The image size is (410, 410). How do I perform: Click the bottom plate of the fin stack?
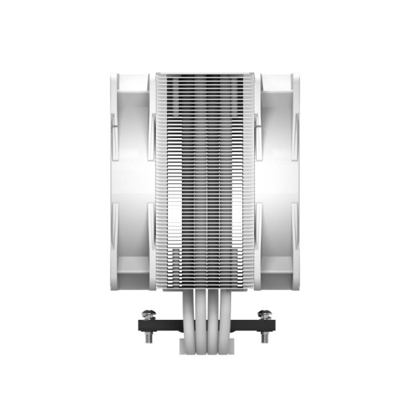click(x=205, y=286)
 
